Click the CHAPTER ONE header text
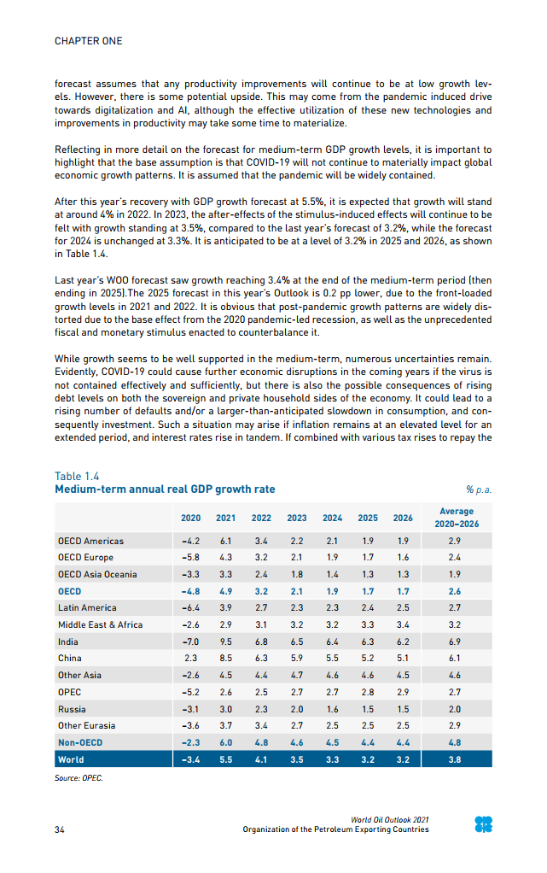(x=88, y=41)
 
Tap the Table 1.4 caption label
(x=79, y=477)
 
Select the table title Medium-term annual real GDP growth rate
(x=165, y=489)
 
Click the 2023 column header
(x=296, y=518)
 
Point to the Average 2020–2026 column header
(x=455, y=518)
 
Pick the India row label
(x=67, y=642)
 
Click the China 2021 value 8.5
(x=226, y=659)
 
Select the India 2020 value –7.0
(x=190, y=642)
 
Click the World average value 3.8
(x=455, y=759)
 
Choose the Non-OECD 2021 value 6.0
(x=226, y=742)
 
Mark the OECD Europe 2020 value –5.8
(x=190, y=558)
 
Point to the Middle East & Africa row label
(x=100, y=625)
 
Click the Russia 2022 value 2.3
(x=261, y=709)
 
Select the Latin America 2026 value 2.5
(x=402, y=608)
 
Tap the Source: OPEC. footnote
(x=79, y=779)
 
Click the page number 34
(x=60, y=829)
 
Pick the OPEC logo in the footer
(x=484, y=824)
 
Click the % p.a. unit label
(x=479, y=490)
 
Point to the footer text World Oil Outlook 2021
(x=389, y=820)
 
